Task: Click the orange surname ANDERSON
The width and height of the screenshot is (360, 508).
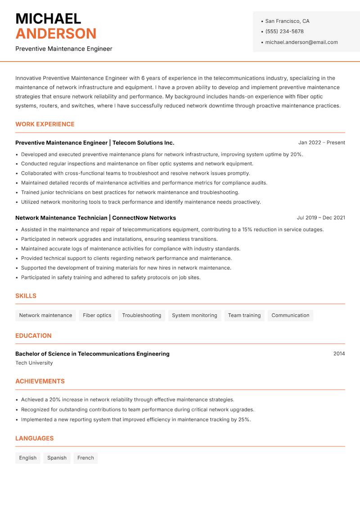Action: coord(56,34)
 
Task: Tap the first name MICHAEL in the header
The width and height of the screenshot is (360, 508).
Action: coord(48,19)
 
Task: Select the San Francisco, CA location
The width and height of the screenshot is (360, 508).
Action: coord(287,21)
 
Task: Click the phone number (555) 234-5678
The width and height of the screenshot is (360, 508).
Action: coord(284,31)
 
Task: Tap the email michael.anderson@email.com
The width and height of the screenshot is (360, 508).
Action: coord(301,42)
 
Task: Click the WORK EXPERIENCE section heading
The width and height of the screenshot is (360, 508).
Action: coord(45,124)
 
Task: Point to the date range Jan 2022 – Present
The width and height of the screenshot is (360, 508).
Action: coord(321,143)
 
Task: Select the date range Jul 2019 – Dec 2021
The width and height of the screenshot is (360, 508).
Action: coord(320,218)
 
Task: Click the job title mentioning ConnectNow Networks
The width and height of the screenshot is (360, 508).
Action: coord(95,218)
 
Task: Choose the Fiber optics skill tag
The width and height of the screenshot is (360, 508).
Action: coord(97,316)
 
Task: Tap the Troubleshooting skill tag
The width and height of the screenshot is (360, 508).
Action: coord(141,316)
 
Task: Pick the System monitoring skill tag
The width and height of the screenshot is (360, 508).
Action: coord(194,316)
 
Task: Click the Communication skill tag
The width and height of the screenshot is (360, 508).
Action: coord(290,316)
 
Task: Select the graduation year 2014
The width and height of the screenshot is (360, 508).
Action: coord(339,354)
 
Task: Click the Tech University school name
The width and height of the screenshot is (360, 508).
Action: coord(34,363)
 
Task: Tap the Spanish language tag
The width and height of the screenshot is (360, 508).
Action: coord(57,458)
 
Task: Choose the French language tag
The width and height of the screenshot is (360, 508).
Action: coord(85,458)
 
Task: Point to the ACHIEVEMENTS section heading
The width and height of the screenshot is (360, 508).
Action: coord(40,381)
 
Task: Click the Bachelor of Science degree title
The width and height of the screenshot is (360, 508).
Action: coord(92,354)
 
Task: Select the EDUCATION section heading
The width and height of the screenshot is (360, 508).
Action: coord(33,336)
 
